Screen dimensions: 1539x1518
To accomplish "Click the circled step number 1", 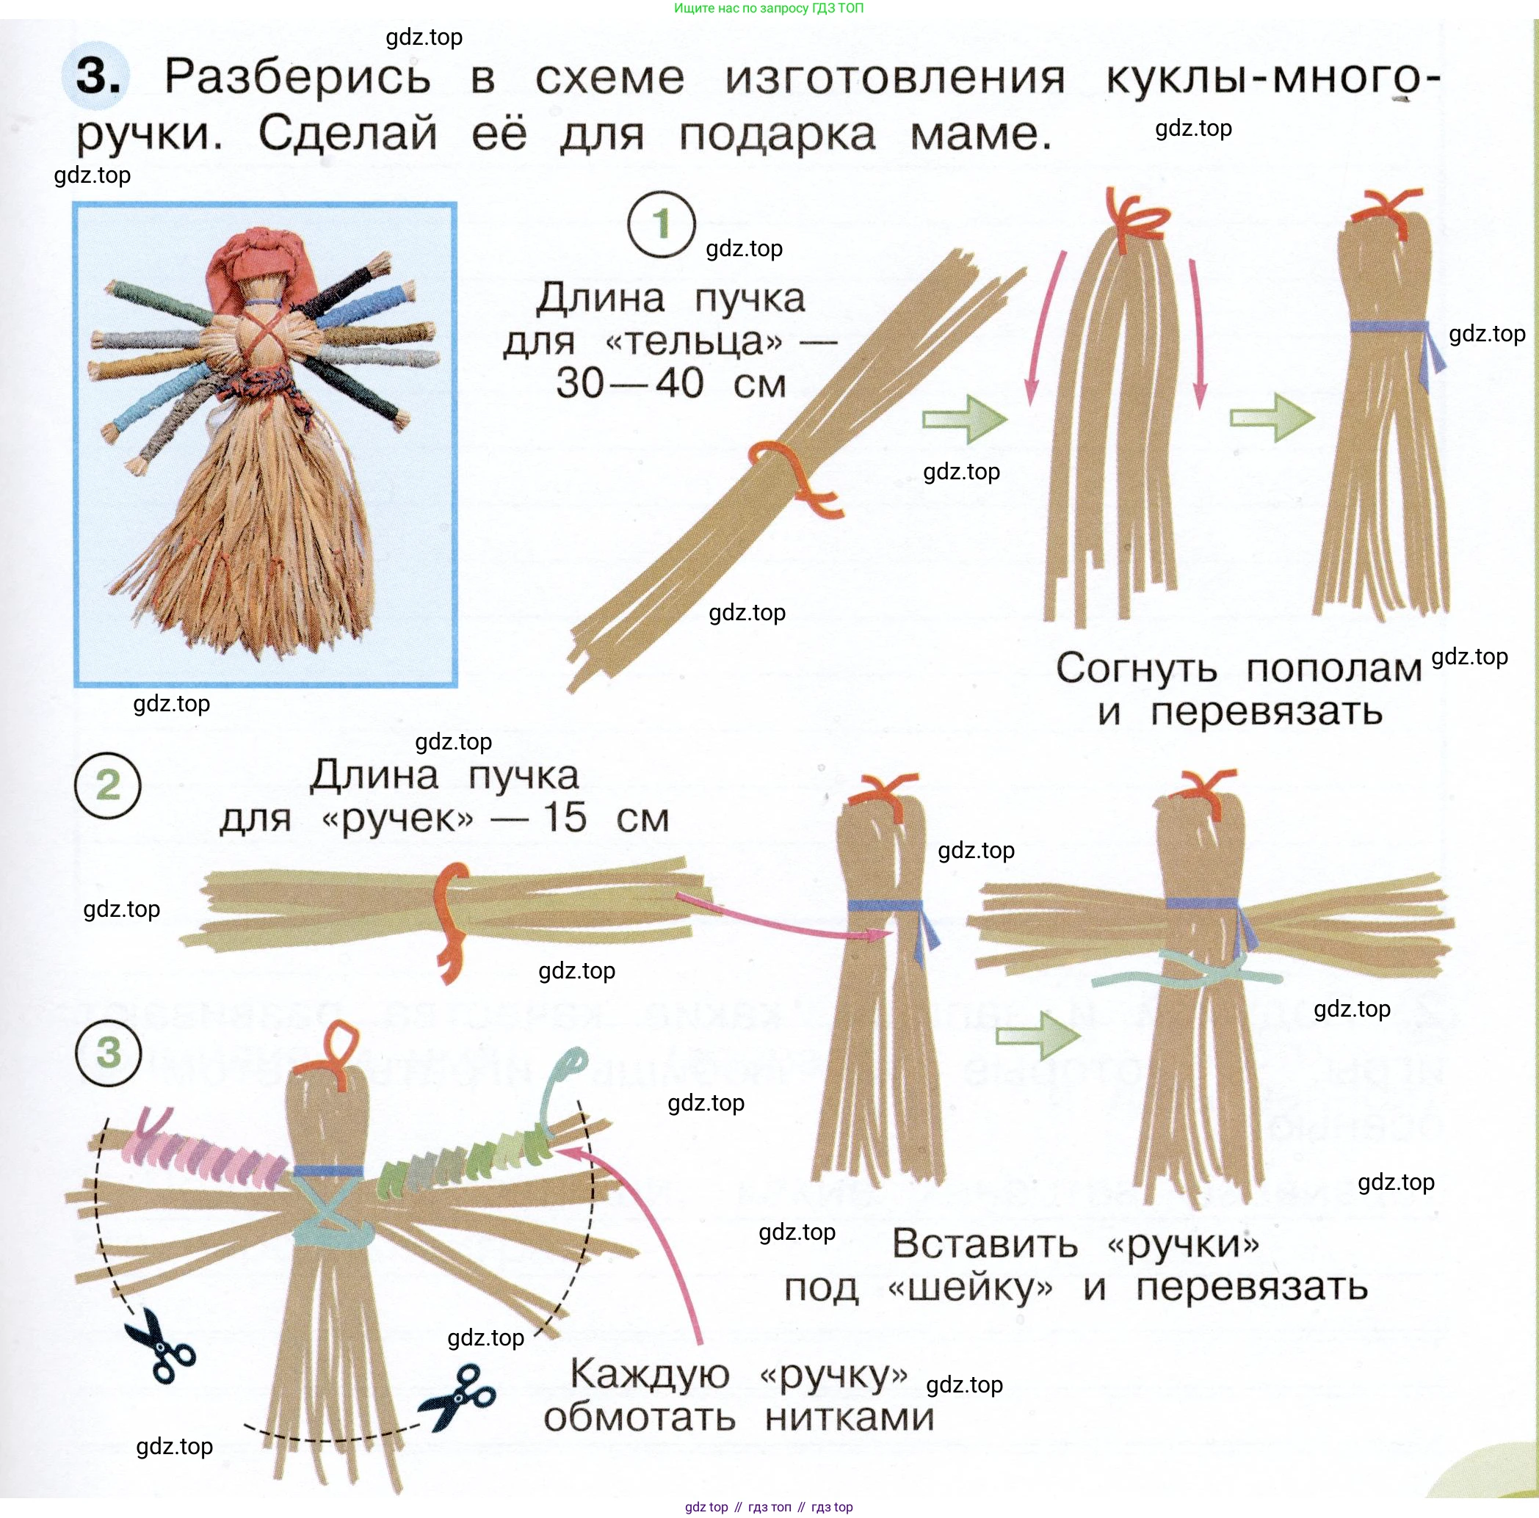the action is [661, 225].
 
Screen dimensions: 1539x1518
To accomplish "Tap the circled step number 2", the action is [107, 785].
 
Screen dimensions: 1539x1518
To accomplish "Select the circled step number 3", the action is [109, 1053].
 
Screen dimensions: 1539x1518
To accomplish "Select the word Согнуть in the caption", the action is [1137, 669].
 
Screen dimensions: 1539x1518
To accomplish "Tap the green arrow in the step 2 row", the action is [1038, 1035].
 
